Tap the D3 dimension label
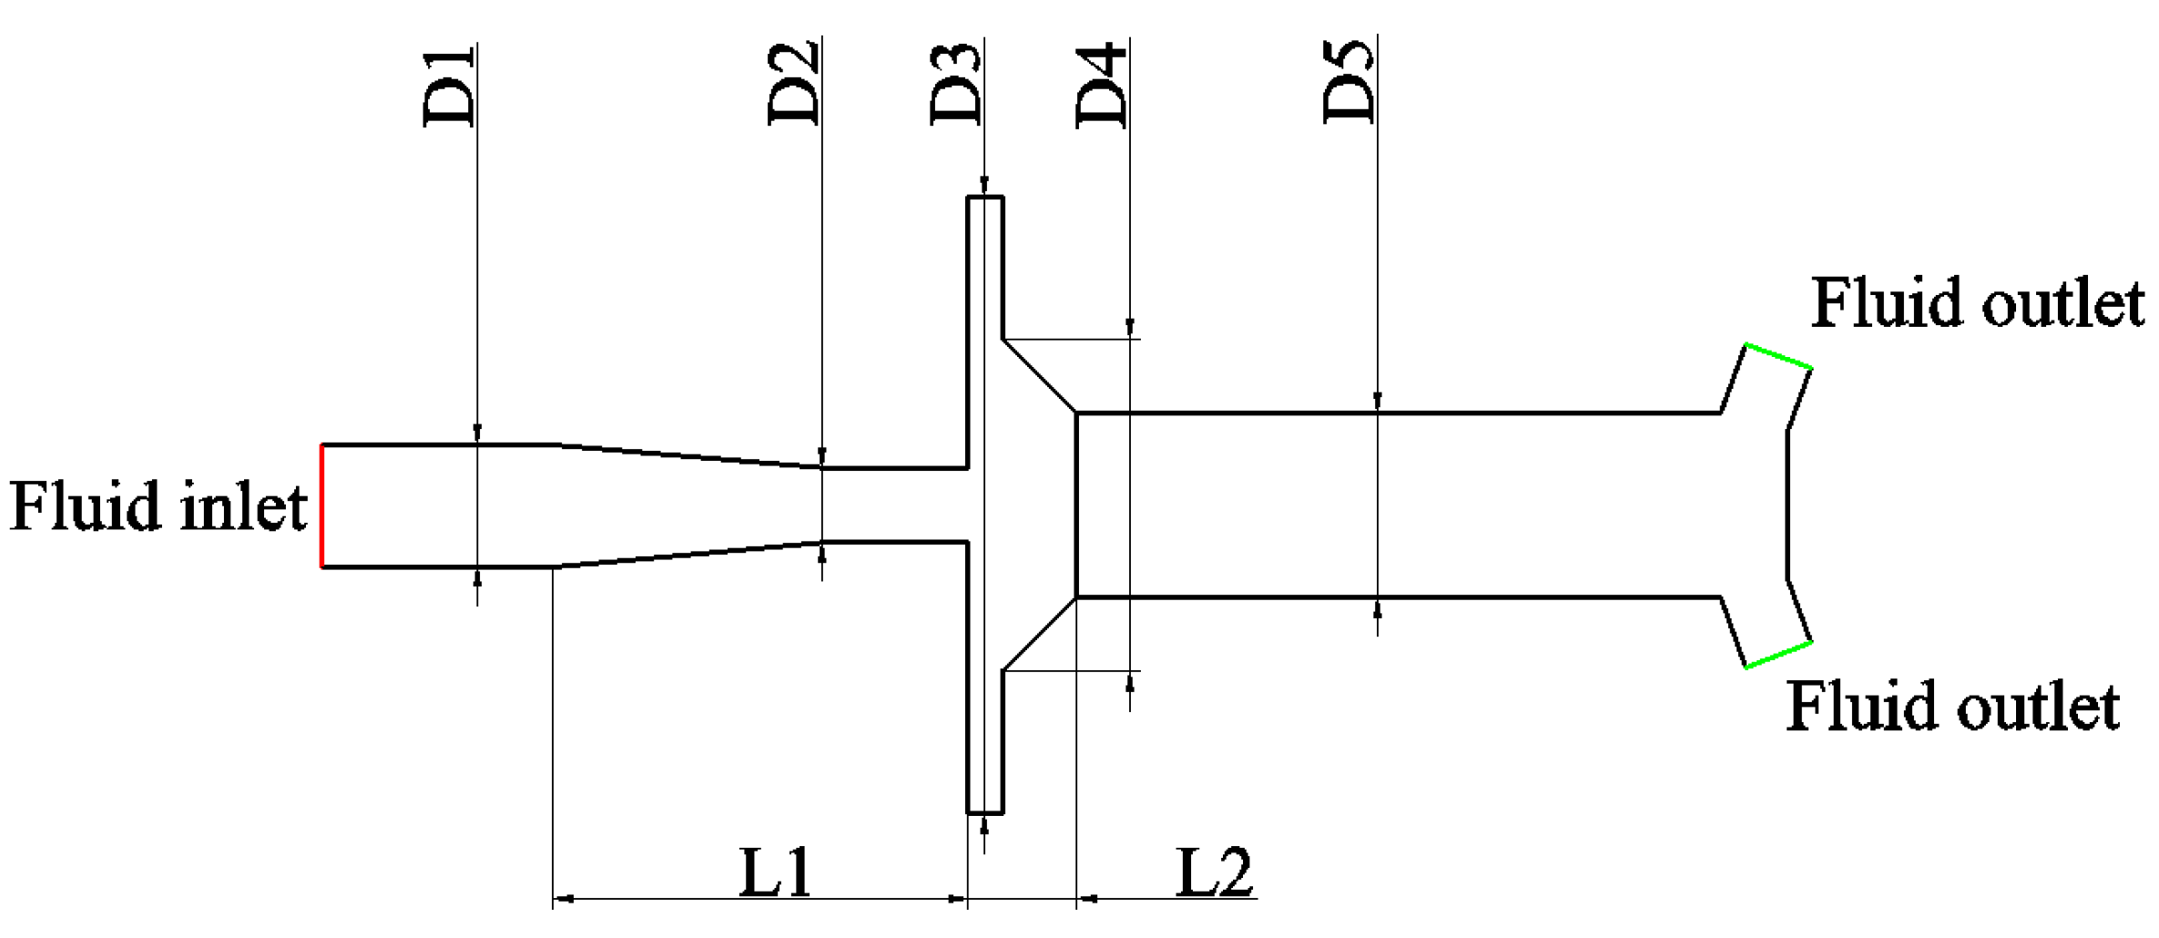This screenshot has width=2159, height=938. (x=957, y=84)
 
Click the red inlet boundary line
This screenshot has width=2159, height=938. (x=321, y=505)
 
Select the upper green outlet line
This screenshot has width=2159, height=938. (x=1777, y=356)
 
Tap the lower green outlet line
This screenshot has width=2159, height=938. (x=1777, y=655)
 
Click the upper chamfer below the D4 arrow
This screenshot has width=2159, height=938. (x=1039, y=375)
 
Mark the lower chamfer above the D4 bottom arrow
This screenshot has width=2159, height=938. (x=1039, y=635)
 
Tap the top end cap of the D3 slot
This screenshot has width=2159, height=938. (x=984, y=197)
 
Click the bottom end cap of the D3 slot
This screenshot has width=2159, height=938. (x=984, y=812)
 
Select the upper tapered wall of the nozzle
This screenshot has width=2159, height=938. (x=687, y=456)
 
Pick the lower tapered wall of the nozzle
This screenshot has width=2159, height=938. (x=687, y=555)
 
